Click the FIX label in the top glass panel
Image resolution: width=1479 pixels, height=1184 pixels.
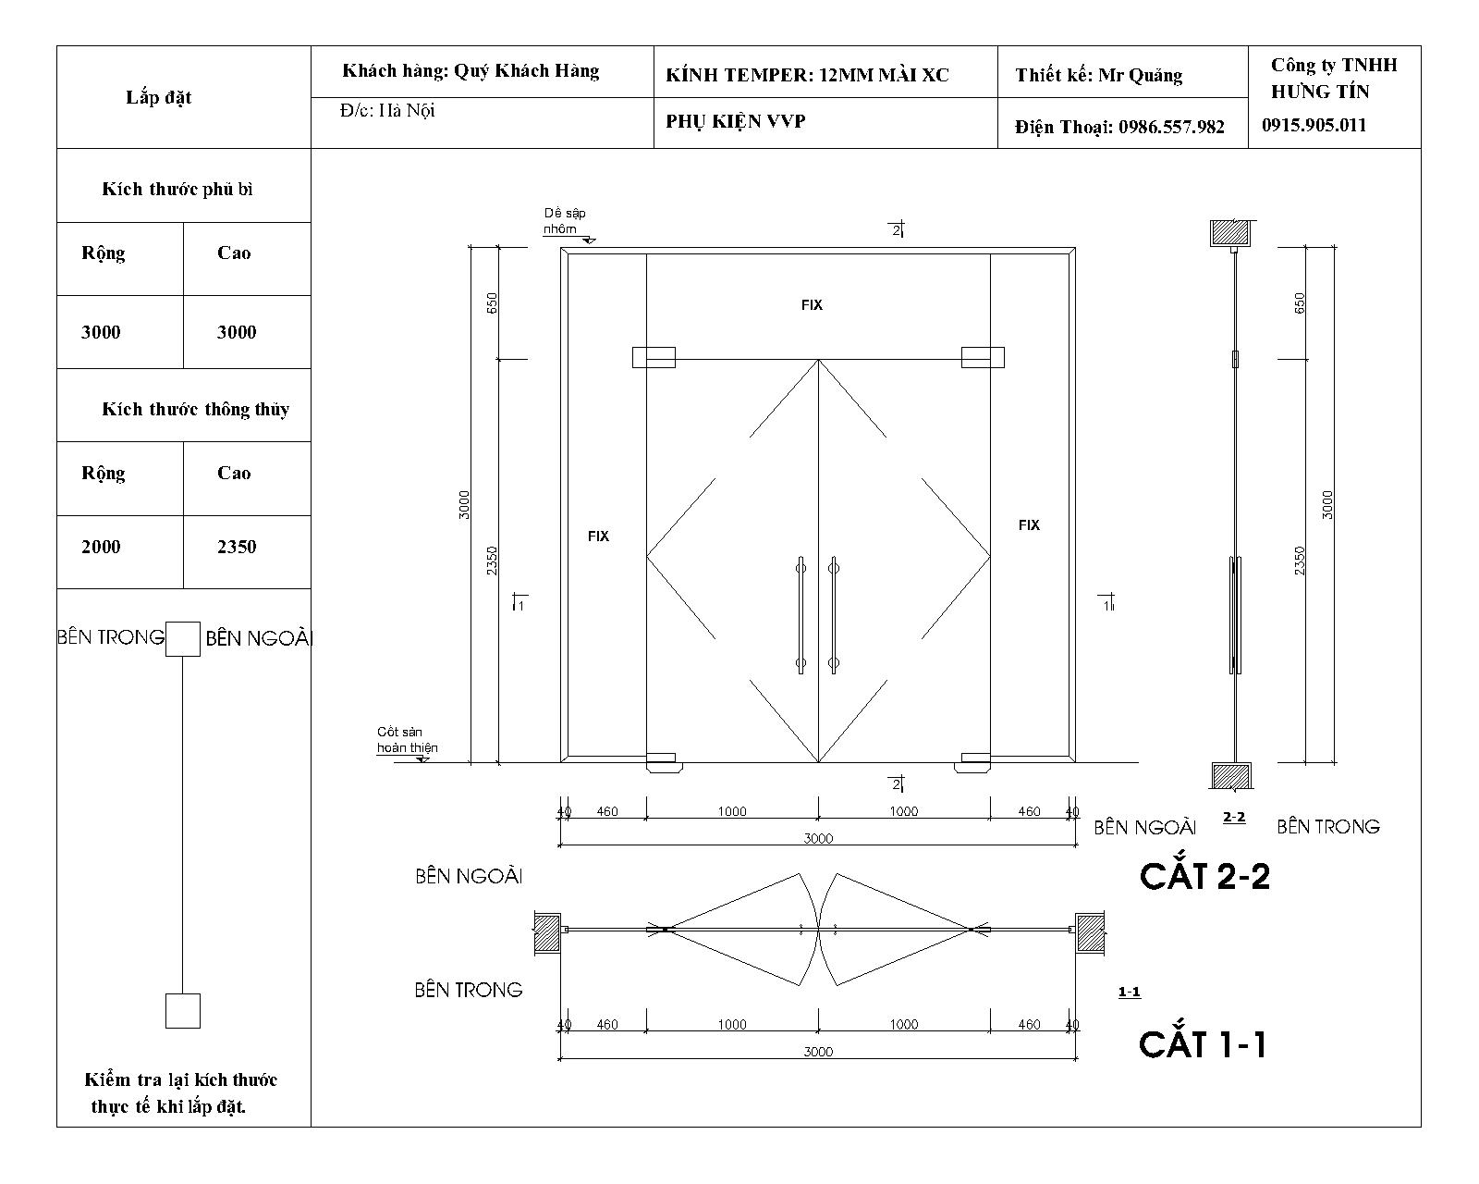click(812, 304)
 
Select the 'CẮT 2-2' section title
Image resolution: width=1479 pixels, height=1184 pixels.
click(1205, 875)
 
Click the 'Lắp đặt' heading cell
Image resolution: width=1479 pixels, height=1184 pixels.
click(158, 97)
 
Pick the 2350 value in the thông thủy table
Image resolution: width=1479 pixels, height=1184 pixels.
click(237, 547)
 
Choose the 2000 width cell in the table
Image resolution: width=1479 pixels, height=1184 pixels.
click(101, 547)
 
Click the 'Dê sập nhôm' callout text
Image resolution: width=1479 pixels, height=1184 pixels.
click(565, 220)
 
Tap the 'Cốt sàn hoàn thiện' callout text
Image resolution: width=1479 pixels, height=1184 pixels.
click(407, 740)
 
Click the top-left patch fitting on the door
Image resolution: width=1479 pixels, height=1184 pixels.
click(654, 358)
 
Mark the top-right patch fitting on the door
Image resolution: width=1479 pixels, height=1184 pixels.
click(983, 357)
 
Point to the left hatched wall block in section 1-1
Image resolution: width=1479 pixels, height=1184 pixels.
click(547, 932)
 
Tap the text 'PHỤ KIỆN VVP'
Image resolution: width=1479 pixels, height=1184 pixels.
click(736, 121)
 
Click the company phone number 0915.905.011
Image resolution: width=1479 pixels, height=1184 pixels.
click(1314, 125)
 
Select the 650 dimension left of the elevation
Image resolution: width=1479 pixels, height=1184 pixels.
click(493, 302)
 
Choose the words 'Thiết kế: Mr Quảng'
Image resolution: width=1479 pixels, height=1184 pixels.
click(1098, 75)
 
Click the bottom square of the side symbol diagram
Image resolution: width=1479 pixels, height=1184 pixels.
click(183, 1011)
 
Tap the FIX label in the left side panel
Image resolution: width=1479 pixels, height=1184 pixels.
click(598, 536)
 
